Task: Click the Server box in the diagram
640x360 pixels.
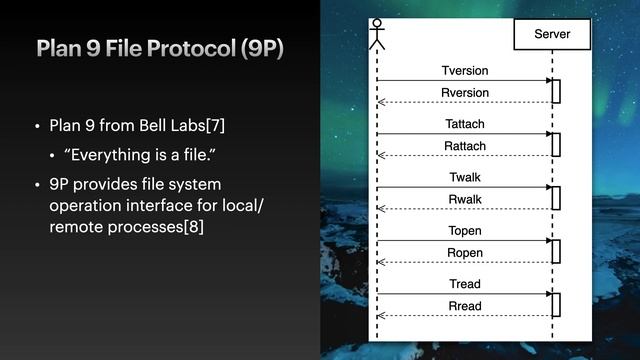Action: click(x=552, y=35)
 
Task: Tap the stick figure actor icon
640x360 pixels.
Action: click(x=377, y=33)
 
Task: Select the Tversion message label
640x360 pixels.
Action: click(x=465, y=71)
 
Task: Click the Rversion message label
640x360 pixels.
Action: click(x=465, y=93)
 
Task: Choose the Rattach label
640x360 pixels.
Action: click(x=465, y=146)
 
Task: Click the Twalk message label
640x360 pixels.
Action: click(x=465, y=177)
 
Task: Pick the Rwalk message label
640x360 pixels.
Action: click(x=465, y=199)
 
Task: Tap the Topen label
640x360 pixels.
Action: click(x=465, y=231)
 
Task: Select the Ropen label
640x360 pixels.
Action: click(x=465, y=253)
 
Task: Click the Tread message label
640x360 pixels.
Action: click(x=465, y=284)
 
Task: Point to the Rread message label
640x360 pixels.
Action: click(x=465, y=306)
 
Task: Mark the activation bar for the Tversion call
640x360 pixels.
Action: click(x=556, y=91)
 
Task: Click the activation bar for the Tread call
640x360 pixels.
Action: click(x=556, y=304)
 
